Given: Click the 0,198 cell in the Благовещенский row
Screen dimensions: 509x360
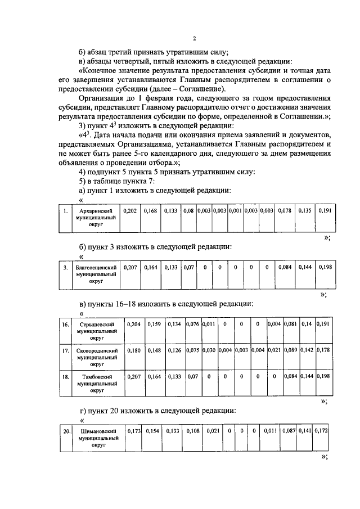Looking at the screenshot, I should tap(325, 267).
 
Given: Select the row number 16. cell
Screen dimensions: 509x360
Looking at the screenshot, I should tap(65, 325).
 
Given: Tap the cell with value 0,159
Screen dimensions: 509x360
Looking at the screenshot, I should tap(154, 325).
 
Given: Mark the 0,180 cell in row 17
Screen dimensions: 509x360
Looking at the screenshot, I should tap(134, 350).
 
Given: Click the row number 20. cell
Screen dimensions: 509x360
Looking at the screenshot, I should tap(66, 431).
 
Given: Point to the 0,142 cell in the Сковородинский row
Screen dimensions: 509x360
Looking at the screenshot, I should tap(307, 350).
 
